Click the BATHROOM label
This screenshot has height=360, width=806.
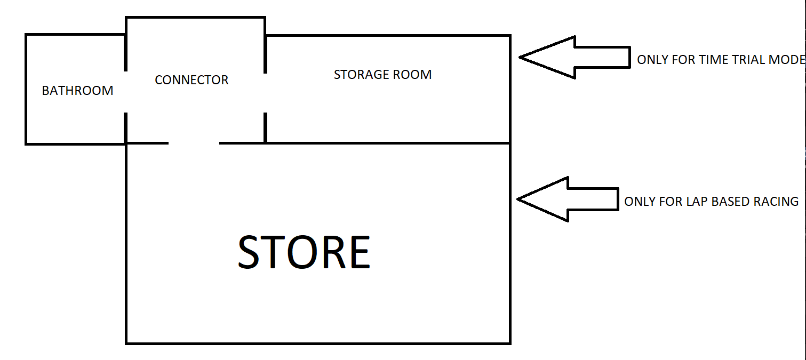(77, 91)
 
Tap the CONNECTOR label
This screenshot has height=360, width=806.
(191, 80)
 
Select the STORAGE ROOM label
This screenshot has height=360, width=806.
(382, 75)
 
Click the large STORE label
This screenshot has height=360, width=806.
(304, 252)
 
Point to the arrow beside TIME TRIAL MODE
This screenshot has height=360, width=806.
(573, 57)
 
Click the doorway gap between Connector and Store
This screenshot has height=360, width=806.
(194, 143)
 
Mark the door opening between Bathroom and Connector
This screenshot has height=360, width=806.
(125, 92)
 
